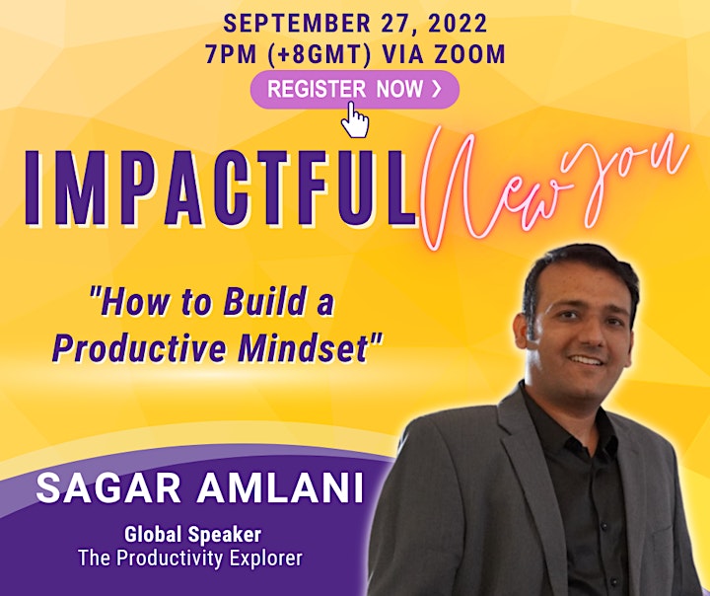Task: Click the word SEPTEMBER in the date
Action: coord(297,24)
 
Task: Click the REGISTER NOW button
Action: coord(355,89)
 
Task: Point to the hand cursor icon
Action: coord(355,119)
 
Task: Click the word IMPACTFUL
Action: coord(221,188)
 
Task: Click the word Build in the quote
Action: coord(263,302)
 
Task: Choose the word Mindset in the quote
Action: coord(308,347)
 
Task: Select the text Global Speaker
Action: coord(193,535)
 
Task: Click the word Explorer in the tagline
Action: coord(266,558)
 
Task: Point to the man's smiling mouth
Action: coord(587,360)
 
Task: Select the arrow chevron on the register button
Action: coord(436,89)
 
